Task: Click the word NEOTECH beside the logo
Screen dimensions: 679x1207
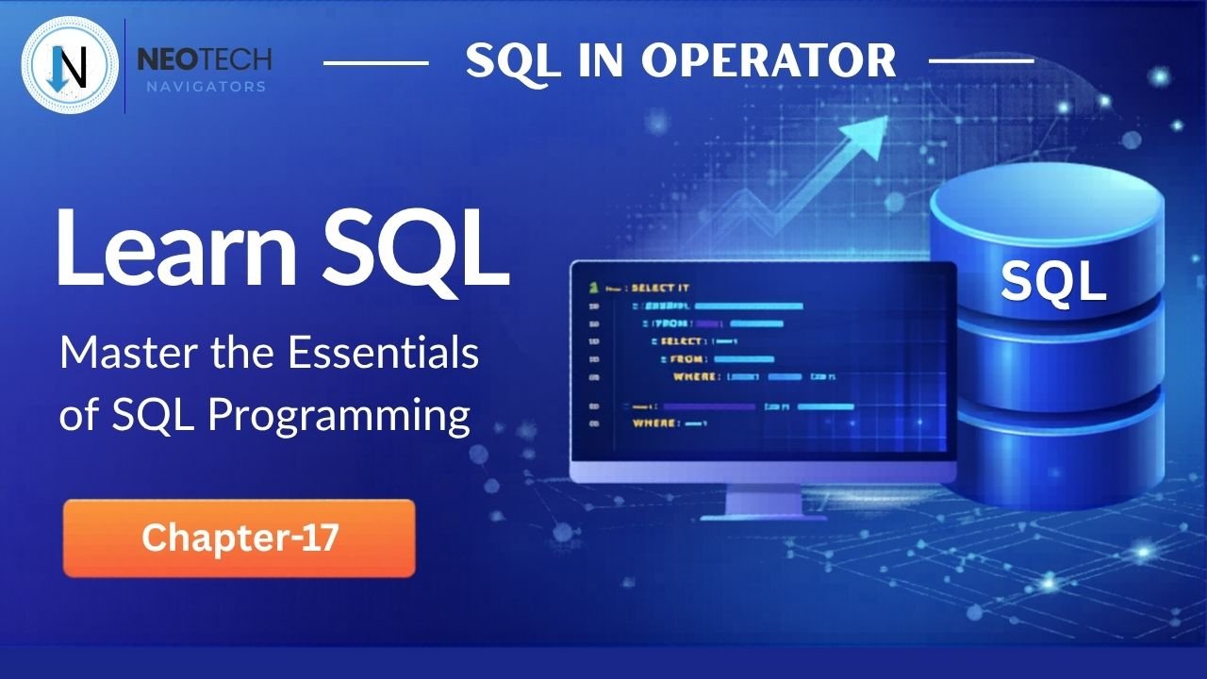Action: (x=205, y=60)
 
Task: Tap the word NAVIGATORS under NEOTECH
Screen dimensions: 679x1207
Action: (x=205, y=87)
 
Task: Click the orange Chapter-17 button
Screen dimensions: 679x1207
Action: (x=239, y=538)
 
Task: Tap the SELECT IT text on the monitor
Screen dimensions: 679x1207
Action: (x=660, y=288)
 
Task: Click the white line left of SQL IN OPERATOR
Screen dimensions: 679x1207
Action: (x=375, y=62)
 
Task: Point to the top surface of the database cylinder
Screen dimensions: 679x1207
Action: (x=1047, y=203)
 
